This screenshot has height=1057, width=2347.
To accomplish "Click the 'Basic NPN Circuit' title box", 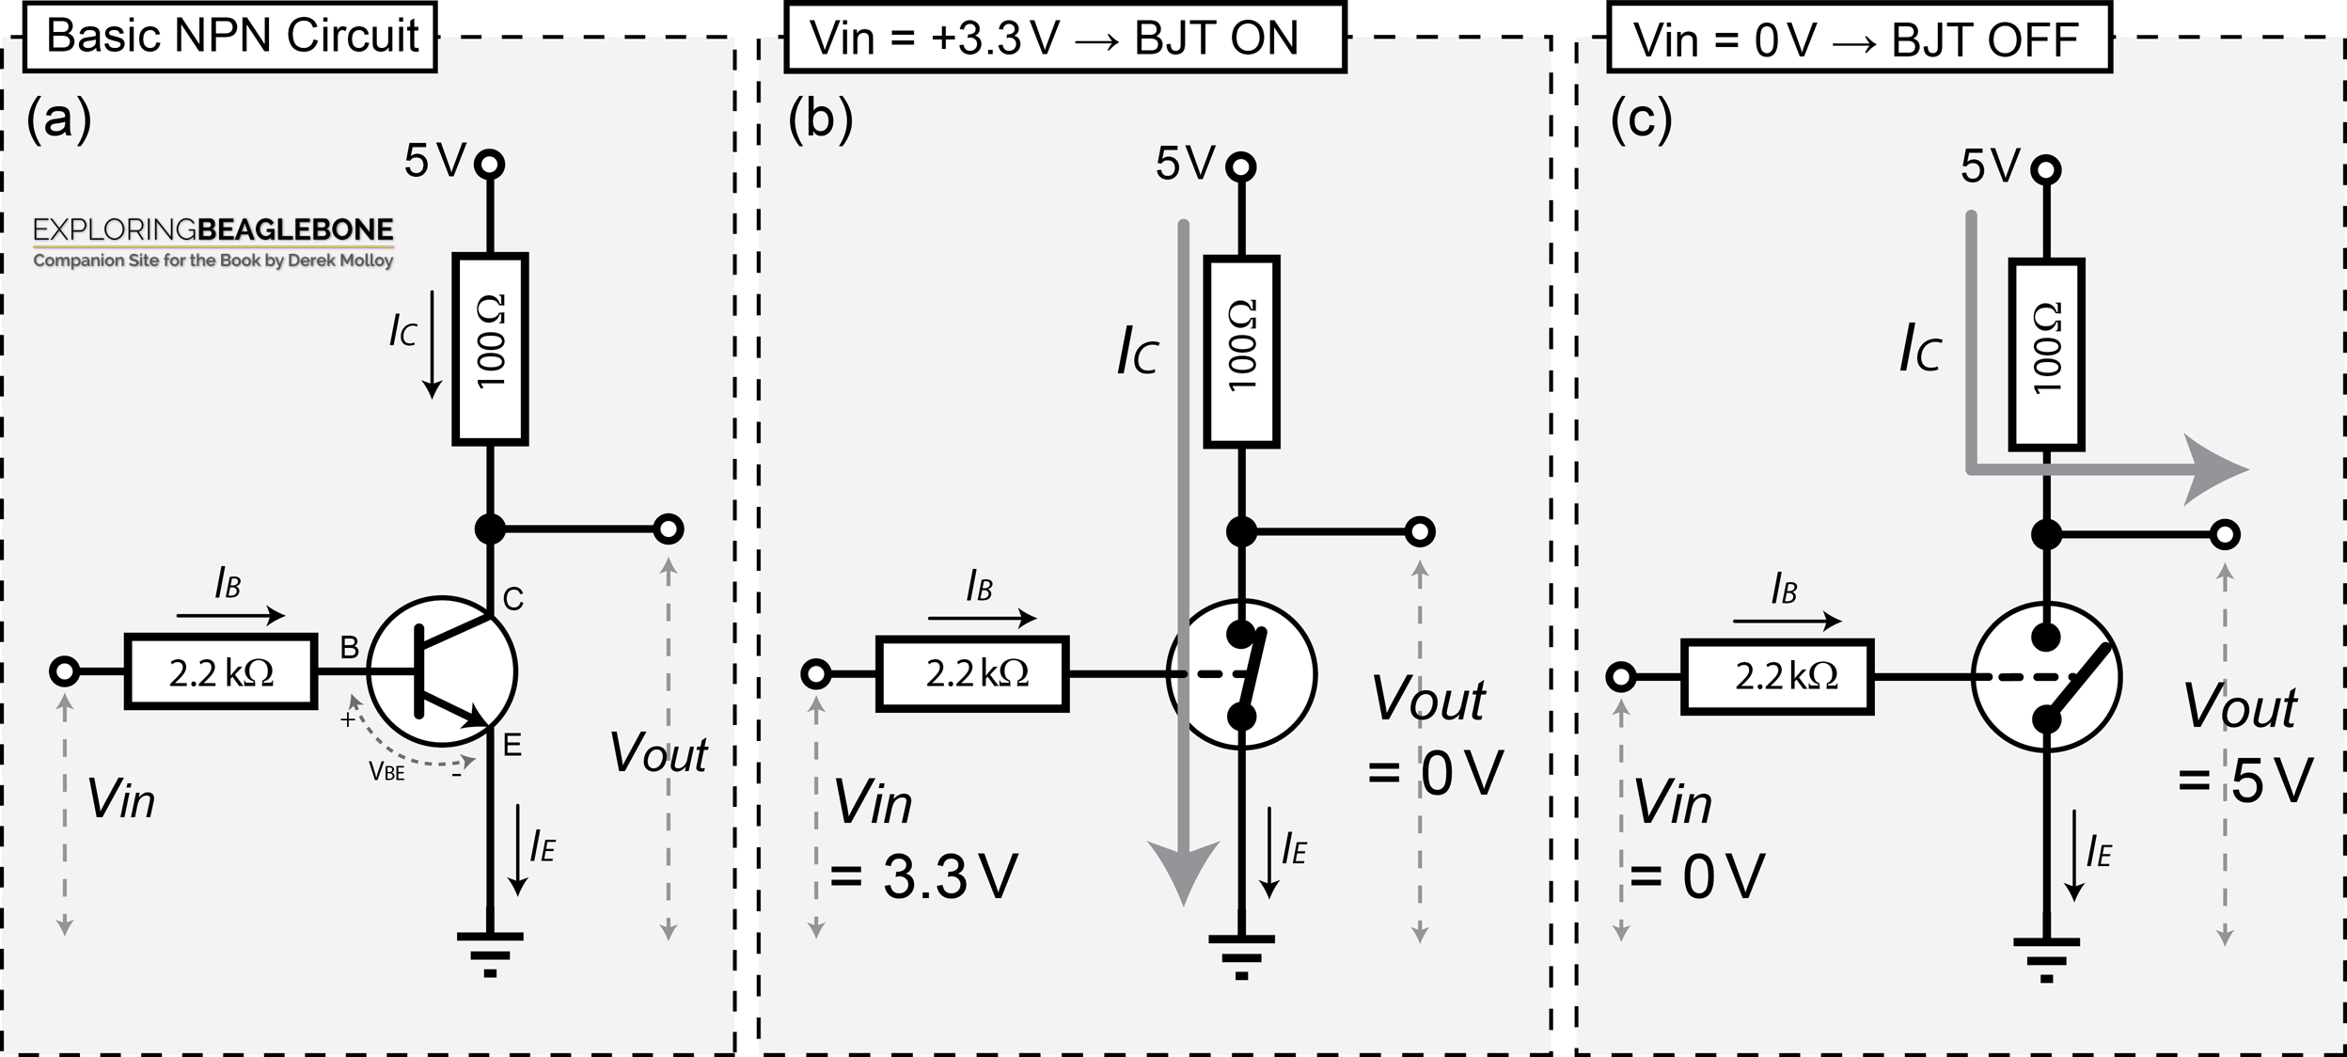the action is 230,37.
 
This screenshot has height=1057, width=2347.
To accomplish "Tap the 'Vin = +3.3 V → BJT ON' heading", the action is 1065,38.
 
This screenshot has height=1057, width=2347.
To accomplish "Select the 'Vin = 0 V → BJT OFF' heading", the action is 1859,39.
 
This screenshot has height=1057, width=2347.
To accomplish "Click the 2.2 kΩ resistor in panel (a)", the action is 221,672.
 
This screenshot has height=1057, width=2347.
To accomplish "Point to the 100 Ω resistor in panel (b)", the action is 1241,351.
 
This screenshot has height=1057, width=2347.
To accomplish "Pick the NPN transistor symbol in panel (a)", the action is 442,671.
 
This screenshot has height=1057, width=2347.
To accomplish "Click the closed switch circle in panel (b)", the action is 1241,674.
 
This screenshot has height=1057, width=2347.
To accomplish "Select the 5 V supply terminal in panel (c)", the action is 2046,170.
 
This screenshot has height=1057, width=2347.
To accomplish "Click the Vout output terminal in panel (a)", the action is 669,529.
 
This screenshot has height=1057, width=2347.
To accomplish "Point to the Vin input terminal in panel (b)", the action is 816,674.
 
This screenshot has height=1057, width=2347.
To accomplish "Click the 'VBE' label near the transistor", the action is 386,773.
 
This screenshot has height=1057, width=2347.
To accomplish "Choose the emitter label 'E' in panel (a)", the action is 512,746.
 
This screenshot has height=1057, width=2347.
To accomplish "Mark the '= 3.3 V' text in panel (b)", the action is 924,877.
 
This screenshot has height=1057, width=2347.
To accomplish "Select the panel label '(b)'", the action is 821,119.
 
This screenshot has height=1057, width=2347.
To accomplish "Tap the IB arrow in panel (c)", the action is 1787,621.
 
